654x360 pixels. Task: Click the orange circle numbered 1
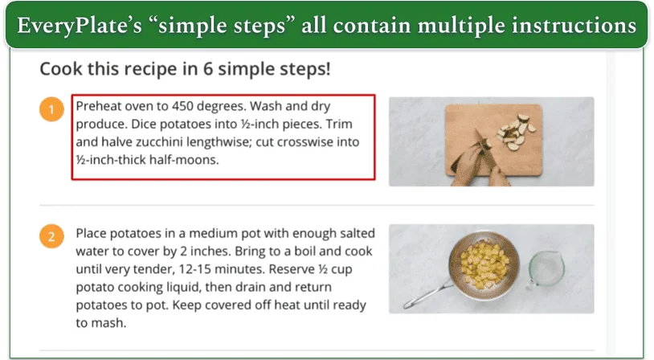pos(51,109)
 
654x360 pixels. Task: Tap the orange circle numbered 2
pos(51,236)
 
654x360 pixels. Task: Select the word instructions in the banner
pos(573,25)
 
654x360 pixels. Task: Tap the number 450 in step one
pos(188,107)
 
